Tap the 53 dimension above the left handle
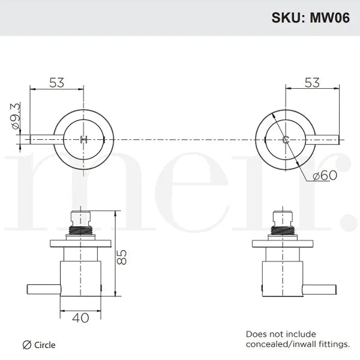coord(56,83)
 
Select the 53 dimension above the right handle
coord(311,83)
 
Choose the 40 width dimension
coord(80,317)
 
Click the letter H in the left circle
coord(83,139)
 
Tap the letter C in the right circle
coord(286,139)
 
